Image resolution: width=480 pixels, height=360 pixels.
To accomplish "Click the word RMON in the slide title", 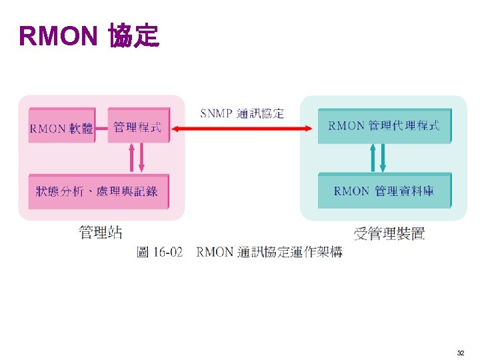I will tap(59, 37).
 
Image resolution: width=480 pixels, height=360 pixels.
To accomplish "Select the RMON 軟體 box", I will tap(61, 127).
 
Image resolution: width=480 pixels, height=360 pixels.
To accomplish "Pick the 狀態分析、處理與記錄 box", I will tap(97, 191).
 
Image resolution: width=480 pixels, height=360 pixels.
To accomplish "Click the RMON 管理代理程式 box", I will tap(384, 126).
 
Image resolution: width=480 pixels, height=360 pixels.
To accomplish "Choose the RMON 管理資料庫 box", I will tap(384, 191).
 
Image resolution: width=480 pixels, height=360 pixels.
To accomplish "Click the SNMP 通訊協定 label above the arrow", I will tap(242, 113).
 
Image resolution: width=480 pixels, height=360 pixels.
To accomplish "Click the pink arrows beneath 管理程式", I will tap(136, 158).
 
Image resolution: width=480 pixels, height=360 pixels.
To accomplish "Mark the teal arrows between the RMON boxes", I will tap(378, 158).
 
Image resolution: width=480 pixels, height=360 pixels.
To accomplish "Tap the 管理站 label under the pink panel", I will tap(101, 233).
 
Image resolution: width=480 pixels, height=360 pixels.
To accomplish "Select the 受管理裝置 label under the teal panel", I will tap(389, 233).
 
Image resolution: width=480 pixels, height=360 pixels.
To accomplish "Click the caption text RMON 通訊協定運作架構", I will tap(269, 252).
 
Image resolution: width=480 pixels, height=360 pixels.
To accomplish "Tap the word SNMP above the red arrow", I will tap(216, 113).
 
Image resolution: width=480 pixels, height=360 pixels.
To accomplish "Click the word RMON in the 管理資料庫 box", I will tap(351, 191).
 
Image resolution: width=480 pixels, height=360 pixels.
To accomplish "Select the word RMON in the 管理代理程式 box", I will tap(346, 126).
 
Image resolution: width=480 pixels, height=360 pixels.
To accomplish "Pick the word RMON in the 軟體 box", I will tap(47, 129).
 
